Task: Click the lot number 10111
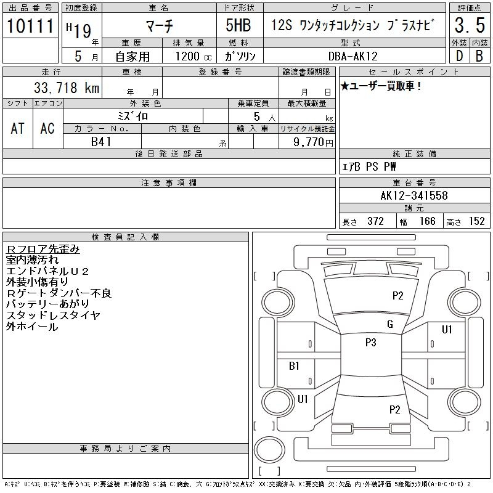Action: (30, 26)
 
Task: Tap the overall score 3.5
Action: (470, 25)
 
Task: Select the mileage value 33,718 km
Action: (67, 88)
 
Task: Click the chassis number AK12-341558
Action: (414, 195)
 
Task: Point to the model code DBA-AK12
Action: (352, 56)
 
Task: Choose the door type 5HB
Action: (238, 25)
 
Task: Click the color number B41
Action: (101, 142)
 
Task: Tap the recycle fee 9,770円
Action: (313, 142)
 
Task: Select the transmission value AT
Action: (18, 128)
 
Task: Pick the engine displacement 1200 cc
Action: (194, 57)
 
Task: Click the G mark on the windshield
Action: (390, 324)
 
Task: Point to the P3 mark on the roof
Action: (371, 343)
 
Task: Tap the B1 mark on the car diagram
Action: (294, 365)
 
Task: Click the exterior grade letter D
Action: (459, 56)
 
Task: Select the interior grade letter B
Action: (479, 56)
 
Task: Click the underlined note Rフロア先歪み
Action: (43, 249)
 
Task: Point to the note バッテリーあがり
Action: (48, 304)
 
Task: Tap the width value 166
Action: (427, 221)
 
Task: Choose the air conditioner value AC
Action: (47, 128)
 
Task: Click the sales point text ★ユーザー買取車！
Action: (381, 86)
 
